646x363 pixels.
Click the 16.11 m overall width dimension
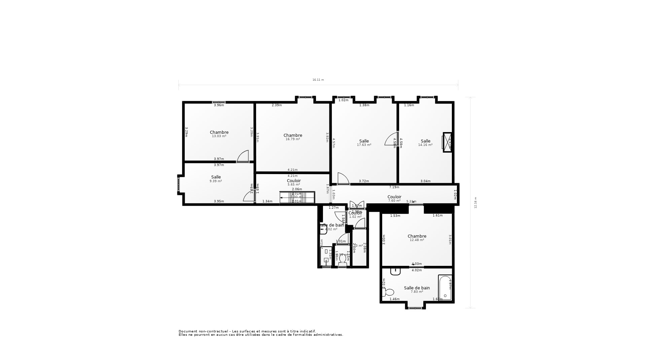click(x=318, y=80)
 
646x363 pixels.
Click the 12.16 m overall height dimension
click(x=475, y=203)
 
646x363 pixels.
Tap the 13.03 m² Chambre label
click(x=219, y=134)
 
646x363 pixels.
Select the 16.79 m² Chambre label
click(x=293, y=137)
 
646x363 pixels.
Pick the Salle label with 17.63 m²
click(x=364, y=143)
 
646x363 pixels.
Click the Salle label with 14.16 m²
click(x=425, y=143)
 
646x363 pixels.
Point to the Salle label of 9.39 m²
click(x=216, y=179)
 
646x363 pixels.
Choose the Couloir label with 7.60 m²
click(x=394, y=198)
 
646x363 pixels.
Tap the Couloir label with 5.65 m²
click(x=294, y=183)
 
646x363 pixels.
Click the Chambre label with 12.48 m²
click(x=417, y=238)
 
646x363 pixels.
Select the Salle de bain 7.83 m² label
click(x=417, y=289)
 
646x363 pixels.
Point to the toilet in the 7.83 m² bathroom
click(x=388, y=292)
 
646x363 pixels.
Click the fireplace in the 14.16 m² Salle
click(x=447, y=142)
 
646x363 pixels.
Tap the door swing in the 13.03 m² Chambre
click(x=243, y=156)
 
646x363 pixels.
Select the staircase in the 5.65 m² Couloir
click(x=297, y=197)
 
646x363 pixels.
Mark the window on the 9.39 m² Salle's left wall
click(x=179, y=184)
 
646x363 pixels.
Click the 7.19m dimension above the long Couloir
click(x=394, y=187)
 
